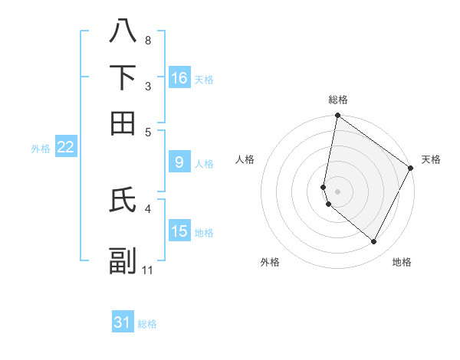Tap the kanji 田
(x=123, y=123)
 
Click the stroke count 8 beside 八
(x=147, y=40)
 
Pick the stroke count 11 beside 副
(x=148, y=270)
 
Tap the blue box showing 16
(x=179, y=78)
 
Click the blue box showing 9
(x=179, y=162)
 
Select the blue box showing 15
(x=179, y=231)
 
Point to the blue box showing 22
(x=65, y=148)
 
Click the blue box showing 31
(x=123, y=322)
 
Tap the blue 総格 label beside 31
(x=147, y=324)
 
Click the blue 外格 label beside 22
(x=41, y=149)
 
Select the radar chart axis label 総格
(x=338, y=100)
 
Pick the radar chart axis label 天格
(x=431, y=159)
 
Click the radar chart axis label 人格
(x=245, y=159)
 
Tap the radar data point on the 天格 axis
(x=411, y=169)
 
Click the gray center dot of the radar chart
(x=338, y=191)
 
